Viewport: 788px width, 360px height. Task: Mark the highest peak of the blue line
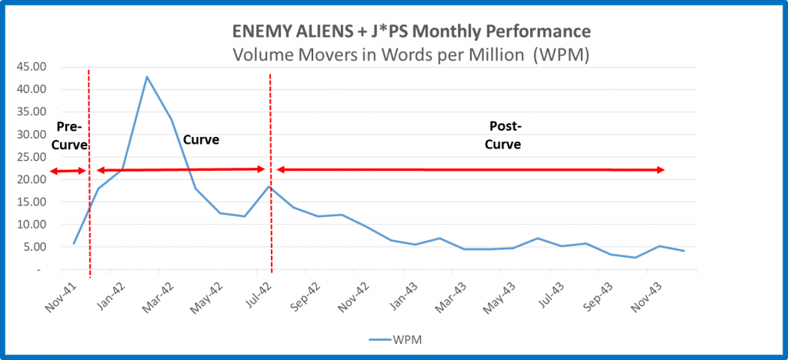(146, 77)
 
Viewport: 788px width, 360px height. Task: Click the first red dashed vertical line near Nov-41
(89, 215)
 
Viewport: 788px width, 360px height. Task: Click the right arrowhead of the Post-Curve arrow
(661, 170)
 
